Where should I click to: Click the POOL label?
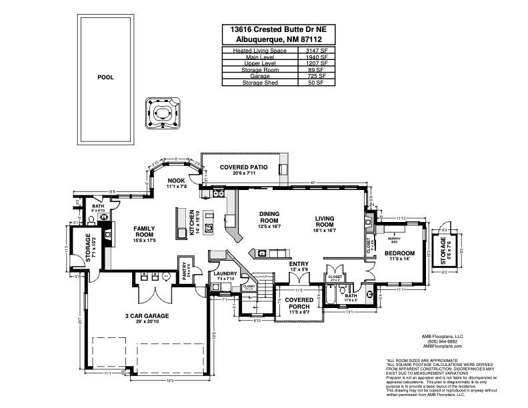[105, 77]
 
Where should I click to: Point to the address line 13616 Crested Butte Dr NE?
[279, 29]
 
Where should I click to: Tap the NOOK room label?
[176, 180]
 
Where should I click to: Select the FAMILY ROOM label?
[144, 231]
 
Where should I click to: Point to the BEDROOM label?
[400, 253]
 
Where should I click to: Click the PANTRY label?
[185, 271]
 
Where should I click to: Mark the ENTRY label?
[298, 265]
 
